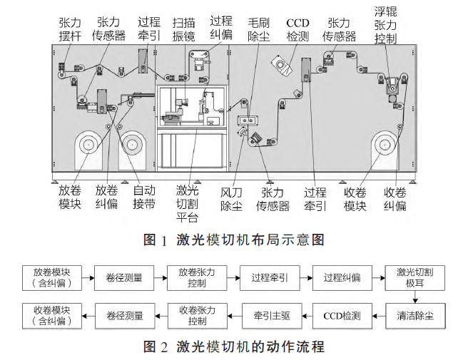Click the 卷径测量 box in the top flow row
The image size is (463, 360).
pos(124,278)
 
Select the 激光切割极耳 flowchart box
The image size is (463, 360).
pos(415,278)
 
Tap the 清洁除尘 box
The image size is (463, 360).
pos(415,316)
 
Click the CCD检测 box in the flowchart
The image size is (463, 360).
pos(342,316)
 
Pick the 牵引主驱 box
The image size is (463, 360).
pos(272,316)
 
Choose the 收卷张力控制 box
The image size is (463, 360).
pos(197,316)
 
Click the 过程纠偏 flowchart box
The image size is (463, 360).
pos(342,278)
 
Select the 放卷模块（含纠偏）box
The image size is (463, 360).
pos(52,278)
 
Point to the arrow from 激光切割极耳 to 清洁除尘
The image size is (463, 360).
pos(415,297)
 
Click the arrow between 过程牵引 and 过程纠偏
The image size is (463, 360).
pos(306,278)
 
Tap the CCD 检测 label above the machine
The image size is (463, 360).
pos(297,30)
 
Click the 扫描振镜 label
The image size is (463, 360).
pos(183,30)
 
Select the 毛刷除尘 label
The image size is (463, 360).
pos(259,30)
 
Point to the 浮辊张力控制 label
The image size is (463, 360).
pos(385,25)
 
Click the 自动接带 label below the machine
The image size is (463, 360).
pos(144,197)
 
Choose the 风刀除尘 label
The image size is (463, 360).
pos(231,199)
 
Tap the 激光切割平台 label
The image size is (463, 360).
pos(187,204)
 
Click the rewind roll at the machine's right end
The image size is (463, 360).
pos(385,145)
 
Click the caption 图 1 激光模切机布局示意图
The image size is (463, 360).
pos(234,240)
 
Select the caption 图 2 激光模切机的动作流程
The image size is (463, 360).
pos(234,346)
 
